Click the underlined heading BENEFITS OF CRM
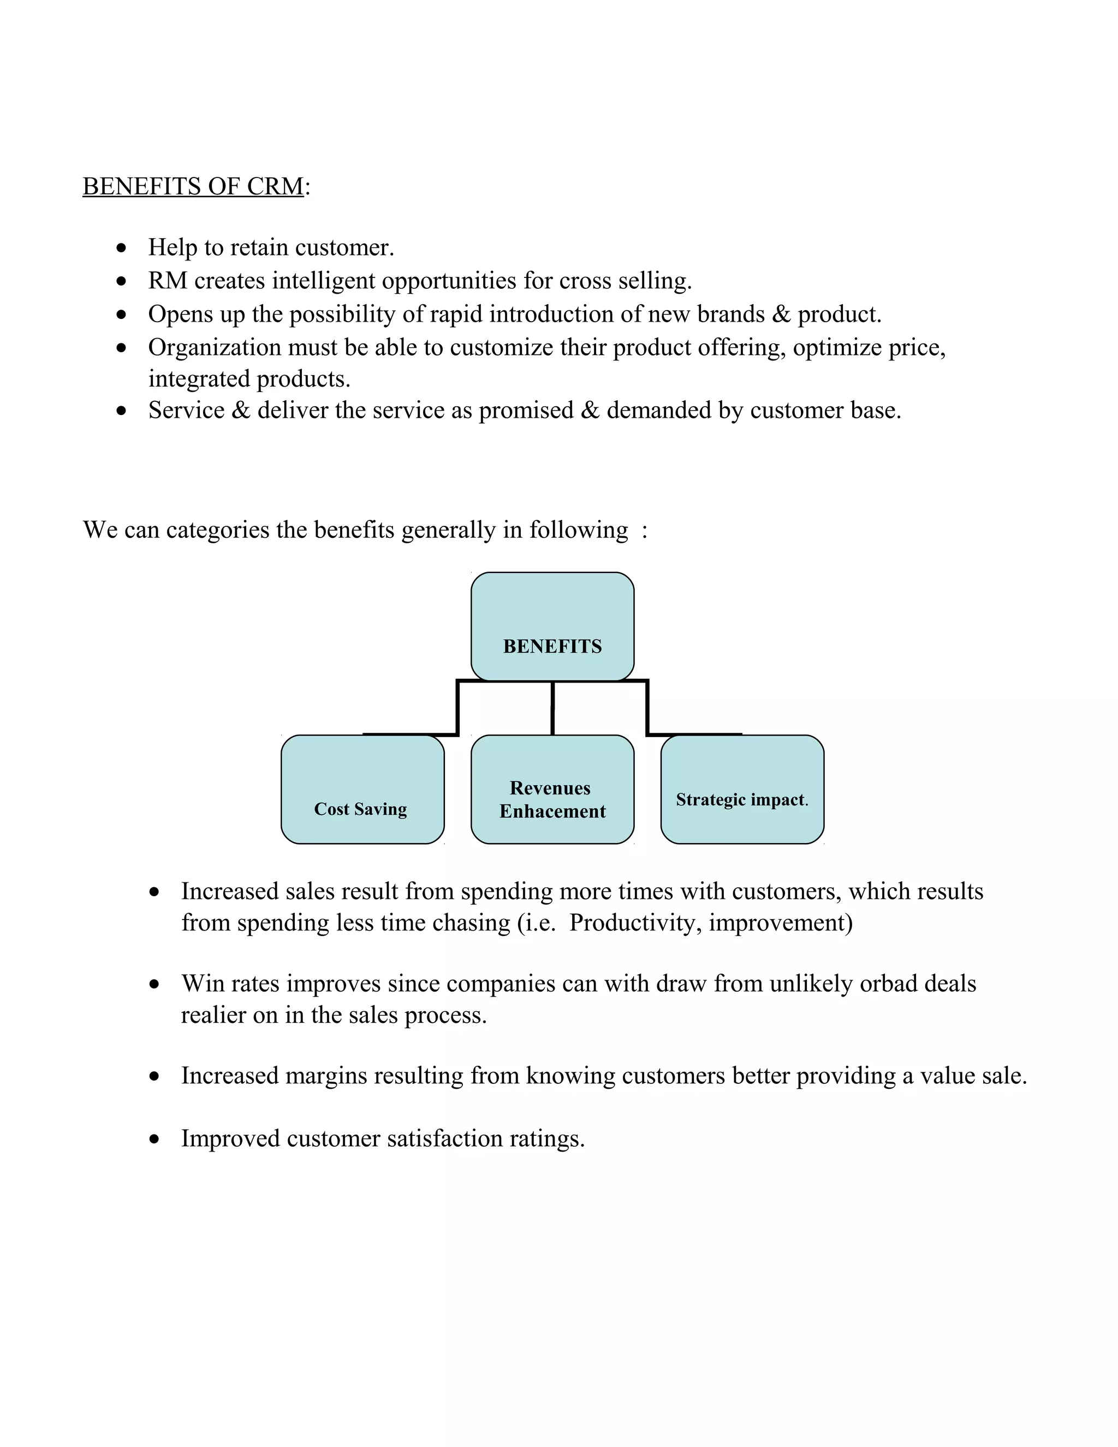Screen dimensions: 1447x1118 coord(193,187)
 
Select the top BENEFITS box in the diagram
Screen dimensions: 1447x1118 coord(552,626)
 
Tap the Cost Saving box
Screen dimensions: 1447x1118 coord(362,789)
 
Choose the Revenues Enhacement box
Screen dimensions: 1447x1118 coord(552,789)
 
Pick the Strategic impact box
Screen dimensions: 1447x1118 coord(742,789)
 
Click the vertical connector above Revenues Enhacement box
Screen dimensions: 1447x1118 coord(552,708)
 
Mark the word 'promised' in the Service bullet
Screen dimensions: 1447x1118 coord(526,411)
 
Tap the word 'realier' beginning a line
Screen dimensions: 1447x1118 coord(213,1015)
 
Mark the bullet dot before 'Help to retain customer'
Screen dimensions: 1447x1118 coord(121,248)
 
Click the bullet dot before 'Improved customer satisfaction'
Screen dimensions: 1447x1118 coord(154,1140)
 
